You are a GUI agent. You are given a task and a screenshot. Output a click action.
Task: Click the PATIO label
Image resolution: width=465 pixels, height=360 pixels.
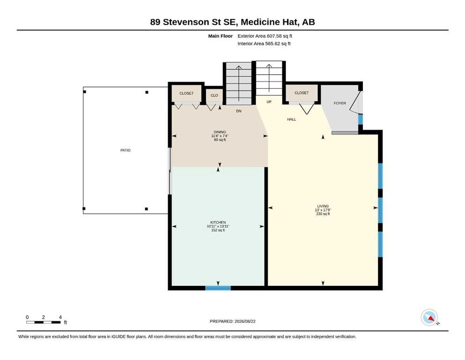tap(125, 150)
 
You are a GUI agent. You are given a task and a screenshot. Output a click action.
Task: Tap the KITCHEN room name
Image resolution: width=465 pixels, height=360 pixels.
tap(218, 222)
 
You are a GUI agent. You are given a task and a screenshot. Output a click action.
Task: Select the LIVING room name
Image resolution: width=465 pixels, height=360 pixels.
tap(323, 206)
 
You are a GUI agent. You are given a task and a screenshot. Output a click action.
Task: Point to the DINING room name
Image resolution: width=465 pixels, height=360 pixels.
tap(220, 132)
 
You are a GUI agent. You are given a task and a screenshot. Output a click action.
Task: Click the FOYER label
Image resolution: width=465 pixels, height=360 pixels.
tap(340, 103)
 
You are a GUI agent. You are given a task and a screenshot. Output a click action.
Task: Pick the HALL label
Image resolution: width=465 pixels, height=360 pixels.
tap(292, 120)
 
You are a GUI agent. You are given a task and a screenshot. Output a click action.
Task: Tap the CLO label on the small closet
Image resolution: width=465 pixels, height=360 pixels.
tap(214, 95)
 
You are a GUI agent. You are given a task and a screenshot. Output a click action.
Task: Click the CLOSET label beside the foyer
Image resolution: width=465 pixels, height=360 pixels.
tap(302, 93)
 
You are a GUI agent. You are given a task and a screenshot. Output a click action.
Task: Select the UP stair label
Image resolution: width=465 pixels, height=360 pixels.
tap(269, 102)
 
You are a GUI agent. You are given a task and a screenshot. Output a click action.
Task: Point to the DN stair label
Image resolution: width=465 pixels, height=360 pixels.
tap(239, 111)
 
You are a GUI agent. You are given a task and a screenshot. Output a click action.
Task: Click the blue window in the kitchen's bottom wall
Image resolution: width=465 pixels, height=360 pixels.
tap(218, 288)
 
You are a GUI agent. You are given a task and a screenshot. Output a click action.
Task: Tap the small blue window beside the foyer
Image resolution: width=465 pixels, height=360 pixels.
tap(360, 120)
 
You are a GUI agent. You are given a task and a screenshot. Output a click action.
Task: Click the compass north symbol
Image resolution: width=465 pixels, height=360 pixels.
tap(429, 317)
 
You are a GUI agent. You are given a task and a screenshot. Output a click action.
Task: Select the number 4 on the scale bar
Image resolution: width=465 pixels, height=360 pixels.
tap(60, 317)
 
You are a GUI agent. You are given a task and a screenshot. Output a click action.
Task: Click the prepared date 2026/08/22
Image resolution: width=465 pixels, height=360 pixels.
tap(245, 321)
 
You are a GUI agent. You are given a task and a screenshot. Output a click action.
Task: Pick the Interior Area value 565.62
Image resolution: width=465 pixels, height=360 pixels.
tap(273, 44)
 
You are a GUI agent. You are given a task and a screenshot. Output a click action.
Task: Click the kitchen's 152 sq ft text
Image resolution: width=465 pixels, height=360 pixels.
tap(218, 230)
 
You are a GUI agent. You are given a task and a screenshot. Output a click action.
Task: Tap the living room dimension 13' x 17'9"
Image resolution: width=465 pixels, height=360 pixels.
tap(323, 210)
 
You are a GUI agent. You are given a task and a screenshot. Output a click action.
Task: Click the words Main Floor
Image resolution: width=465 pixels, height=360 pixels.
tap(221, 36)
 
